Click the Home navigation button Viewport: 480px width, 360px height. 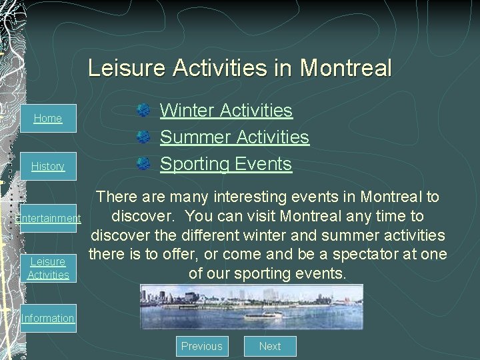click(x=48, y=118)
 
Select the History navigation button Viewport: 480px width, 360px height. click(x=48, y=166)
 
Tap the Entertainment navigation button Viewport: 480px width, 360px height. click(x=48, y=218)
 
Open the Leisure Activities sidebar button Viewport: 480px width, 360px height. click(x=48, y=268)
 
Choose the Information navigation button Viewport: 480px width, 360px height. click(x=48, y=318)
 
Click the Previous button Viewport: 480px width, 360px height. click(x=201, y=346)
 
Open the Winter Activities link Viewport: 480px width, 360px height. click(x=226, y=110)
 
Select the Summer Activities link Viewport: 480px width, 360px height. click(x=235, y=137)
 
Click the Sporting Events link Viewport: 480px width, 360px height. click(x=226, y=163)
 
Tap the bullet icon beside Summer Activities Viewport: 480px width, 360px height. click(x=143, y=137)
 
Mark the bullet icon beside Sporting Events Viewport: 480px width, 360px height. click(x=143, y=164)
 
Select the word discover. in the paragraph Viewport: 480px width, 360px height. click(x=144, y=216)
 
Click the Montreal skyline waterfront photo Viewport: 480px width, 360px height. click(x=251, y=307)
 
